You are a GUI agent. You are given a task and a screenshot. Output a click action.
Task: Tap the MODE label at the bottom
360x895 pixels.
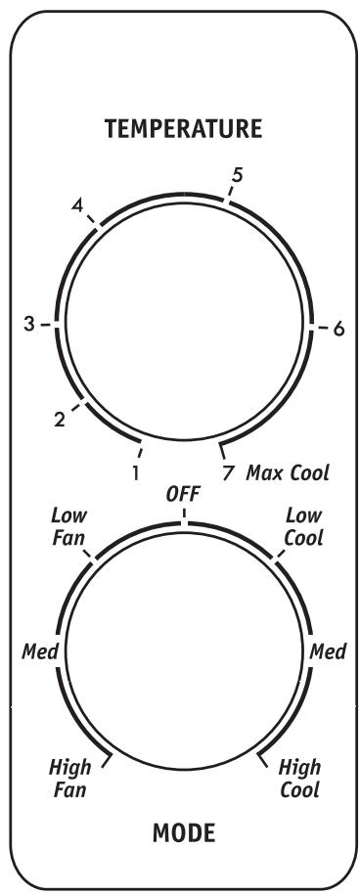183,833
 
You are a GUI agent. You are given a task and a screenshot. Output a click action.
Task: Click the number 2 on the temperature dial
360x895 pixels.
60,421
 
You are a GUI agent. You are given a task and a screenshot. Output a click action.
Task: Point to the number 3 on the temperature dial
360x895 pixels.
30,325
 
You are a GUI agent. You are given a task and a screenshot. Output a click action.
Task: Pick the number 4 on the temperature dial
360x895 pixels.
76,207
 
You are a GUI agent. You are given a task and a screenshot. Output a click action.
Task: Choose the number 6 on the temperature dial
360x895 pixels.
338,330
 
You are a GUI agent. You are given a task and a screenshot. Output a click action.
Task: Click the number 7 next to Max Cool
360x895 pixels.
229,473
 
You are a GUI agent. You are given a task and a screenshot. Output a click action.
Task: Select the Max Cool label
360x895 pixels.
288,473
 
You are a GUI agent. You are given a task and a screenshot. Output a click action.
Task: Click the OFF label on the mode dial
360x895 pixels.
183,496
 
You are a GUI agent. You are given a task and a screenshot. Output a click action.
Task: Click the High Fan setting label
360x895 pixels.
69,777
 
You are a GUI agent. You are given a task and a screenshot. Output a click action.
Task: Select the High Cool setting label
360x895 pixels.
299,777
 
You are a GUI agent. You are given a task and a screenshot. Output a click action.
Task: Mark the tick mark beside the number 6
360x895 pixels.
318,329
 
